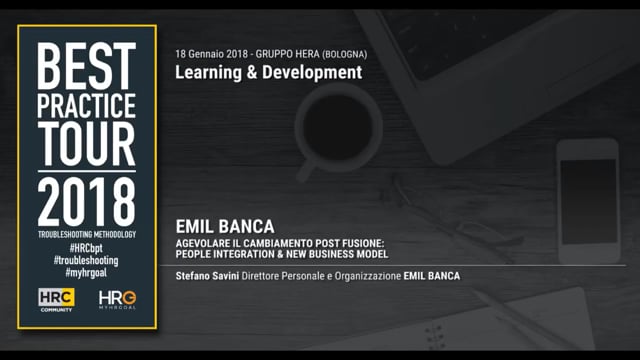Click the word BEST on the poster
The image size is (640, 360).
[86, 67]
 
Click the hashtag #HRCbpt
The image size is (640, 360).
[86, 247]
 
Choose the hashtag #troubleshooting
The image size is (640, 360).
[86, 260]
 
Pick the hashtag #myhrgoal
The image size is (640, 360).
[86, 272]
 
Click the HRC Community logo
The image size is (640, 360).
[56, 299]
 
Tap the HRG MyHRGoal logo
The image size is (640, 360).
[117, 299]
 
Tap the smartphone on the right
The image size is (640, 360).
[587, 200]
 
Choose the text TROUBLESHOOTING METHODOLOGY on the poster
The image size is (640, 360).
[86, 234]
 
